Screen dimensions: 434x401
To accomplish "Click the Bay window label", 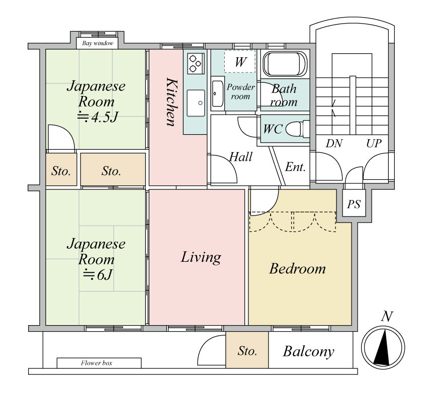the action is tap(98, 43).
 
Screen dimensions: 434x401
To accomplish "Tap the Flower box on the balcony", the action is tap(99, 363).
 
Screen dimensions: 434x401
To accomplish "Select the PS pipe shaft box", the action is tap(354, 204).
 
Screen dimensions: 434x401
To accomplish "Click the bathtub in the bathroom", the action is tap(285, 64).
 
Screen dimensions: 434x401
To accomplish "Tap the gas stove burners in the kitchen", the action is tap(196, 63).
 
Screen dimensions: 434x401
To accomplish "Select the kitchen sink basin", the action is tap(196, 103).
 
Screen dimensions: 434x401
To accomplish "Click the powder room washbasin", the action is tap(218, 93).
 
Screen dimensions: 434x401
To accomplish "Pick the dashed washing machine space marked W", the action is tap(240, 61).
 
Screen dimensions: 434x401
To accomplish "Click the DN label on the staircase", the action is tap(334, 143).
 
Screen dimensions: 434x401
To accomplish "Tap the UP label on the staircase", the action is tap(374, 143).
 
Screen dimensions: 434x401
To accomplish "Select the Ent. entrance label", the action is tap(295, 167).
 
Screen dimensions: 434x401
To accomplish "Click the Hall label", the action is tap(241, 157).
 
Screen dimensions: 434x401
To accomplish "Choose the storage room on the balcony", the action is tap(247, 350).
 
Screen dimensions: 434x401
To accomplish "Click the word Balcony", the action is tap(308, 351).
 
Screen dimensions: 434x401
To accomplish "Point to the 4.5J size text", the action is tap(98, 117).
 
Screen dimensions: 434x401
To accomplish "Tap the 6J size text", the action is tap(98, 274).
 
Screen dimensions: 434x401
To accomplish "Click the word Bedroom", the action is tap(298, 268).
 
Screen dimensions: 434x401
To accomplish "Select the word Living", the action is tap(201, 257).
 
